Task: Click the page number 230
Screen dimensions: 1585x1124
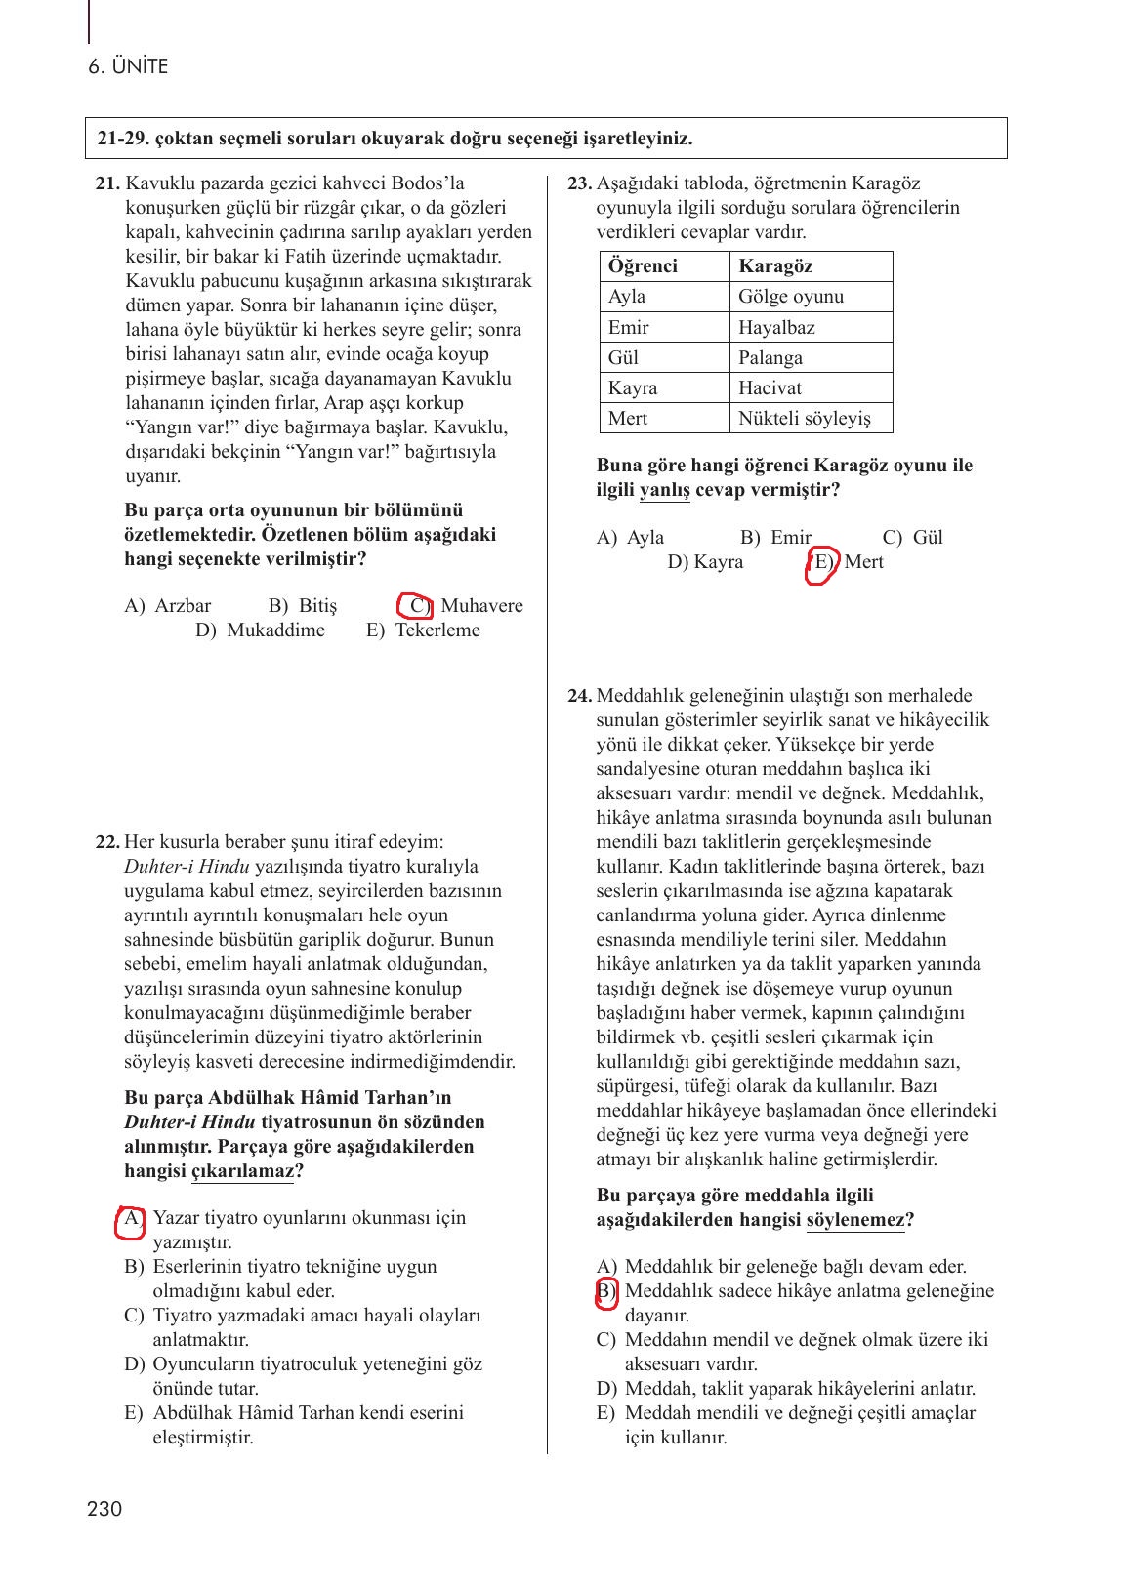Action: [x=104, y=1509]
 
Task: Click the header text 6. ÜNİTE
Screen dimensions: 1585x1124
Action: [x=127, y=66]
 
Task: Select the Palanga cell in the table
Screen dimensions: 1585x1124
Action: [x=770, y=357]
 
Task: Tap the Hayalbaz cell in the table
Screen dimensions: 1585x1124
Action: [x=776, y=327]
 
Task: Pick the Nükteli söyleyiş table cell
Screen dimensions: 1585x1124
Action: [x=804, y=418]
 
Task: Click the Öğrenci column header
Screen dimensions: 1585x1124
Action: [x=643, y=266]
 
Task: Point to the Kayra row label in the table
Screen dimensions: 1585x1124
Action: [x=633, y=387]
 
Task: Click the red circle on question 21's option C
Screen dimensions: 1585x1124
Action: [x=416, y=605]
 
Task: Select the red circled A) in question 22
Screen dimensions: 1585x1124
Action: [x=130, y=1220]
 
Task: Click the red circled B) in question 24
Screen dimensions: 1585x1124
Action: [x=606, y=1292]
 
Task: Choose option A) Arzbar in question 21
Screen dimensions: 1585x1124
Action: [x=168, y=605]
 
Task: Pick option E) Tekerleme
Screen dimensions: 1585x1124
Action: [x=424, y=630]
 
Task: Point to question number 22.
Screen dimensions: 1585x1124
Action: [x=107, y=841]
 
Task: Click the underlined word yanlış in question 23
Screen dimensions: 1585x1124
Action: [x=664, y=490]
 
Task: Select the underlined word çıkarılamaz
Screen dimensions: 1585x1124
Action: [x=242, y=1171]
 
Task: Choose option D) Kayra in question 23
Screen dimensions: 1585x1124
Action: [x=705, y=561]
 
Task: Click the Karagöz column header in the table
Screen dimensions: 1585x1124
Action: [x=775, y=266]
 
